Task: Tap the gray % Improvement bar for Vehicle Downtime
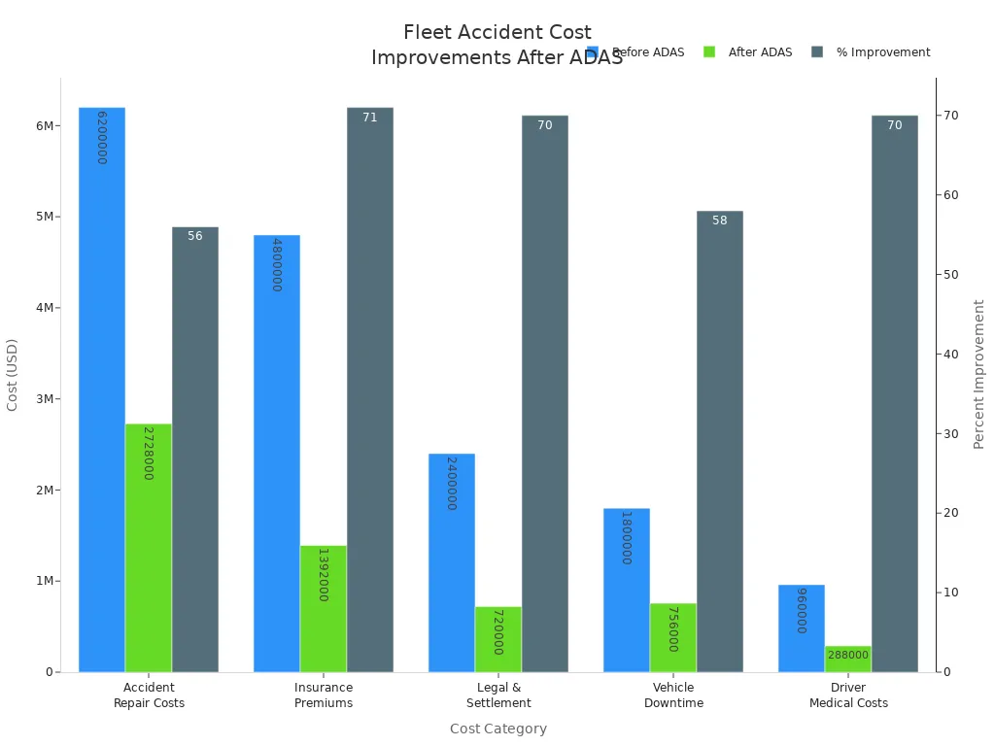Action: (x=719, y=441)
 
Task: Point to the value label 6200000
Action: (x=101, y=137)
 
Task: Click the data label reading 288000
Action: (x=847, y=655)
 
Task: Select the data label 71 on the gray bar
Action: (x=369, y=118)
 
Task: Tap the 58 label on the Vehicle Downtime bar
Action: (x=719, y=220)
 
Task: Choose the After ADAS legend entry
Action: (x=748, y=52)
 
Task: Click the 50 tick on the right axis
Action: (x=952, y=275)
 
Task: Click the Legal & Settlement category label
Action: (x=498, y=695)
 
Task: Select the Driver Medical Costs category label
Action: (x=848, y=695)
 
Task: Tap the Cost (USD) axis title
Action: (x=13, y=374)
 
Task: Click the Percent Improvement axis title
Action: (x=979, y=374)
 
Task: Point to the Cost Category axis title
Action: (x=498, y=729)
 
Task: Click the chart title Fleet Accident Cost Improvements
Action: (x=497, y=45)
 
